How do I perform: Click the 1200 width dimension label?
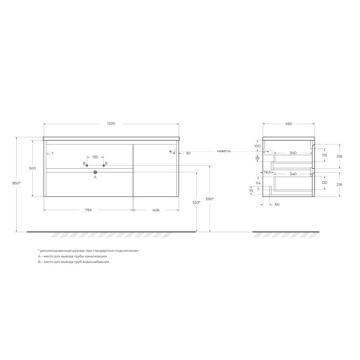[x=111, y=123]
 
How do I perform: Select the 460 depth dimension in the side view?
[x=288, y=123]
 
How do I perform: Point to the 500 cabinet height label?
[x=32, y=168]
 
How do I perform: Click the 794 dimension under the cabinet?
[x=88, y=210]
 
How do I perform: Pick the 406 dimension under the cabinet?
[x=156, y=210]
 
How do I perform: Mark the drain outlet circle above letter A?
[x=95, y=172]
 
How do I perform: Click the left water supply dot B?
[x=87, y=166]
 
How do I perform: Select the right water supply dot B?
[x=103, y=166]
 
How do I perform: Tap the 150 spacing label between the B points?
[x=95, y=157]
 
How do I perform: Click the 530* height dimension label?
[x=196, y=203]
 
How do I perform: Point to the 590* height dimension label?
[x=210, y=198]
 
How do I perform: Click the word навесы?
[x=223, y=151]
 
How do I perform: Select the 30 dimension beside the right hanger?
[x=188, y=153]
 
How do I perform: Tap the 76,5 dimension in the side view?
[x=267, y=172]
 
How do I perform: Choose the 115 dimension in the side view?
[x=324, y=155]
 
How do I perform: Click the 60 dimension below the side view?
[x=277, y=204]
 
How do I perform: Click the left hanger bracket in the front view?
[x=50, y=153]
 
